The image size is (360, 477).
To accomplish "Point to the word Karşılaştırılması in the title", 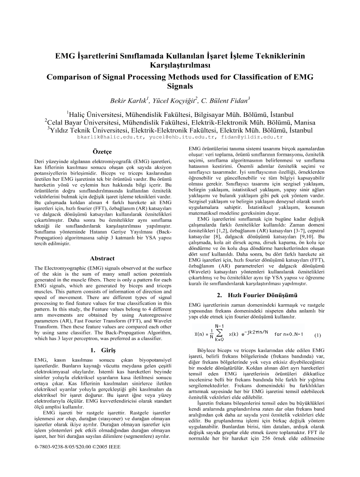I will tap(180, 65).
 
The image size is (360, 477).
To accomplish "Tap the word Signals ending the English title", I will tap(180, 87).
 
